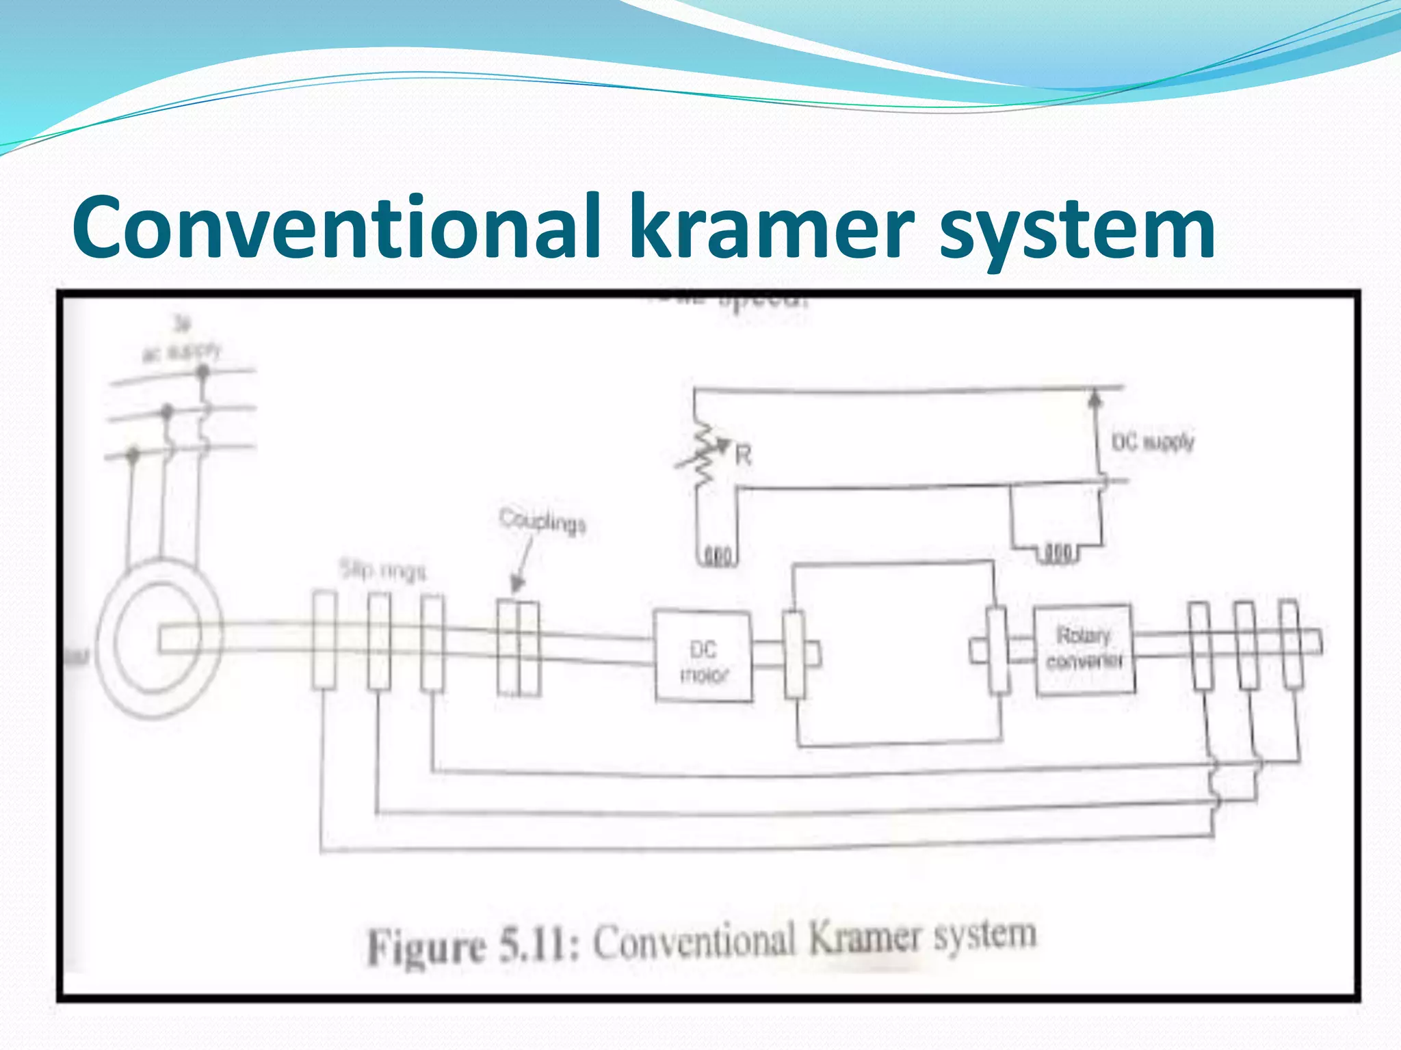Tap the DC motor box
click(x=703, y=656)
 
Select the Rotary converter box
click(x=1084, y=649)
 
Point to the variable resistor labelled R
click(x=705, y=455)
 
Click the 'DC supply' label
click(x=1152, y=442)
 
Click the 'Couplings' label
click(x=542, y=521)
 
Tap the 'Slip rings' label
click(x=383, y=571)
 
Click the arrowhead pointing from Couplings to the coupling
click(x=518, y=584)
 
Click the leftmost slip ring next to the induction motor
click(x=324, y=640)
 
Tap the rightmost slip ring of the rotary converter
click(x=1289, y=644)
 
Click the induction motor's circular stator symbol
click(x=159, y=639)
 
